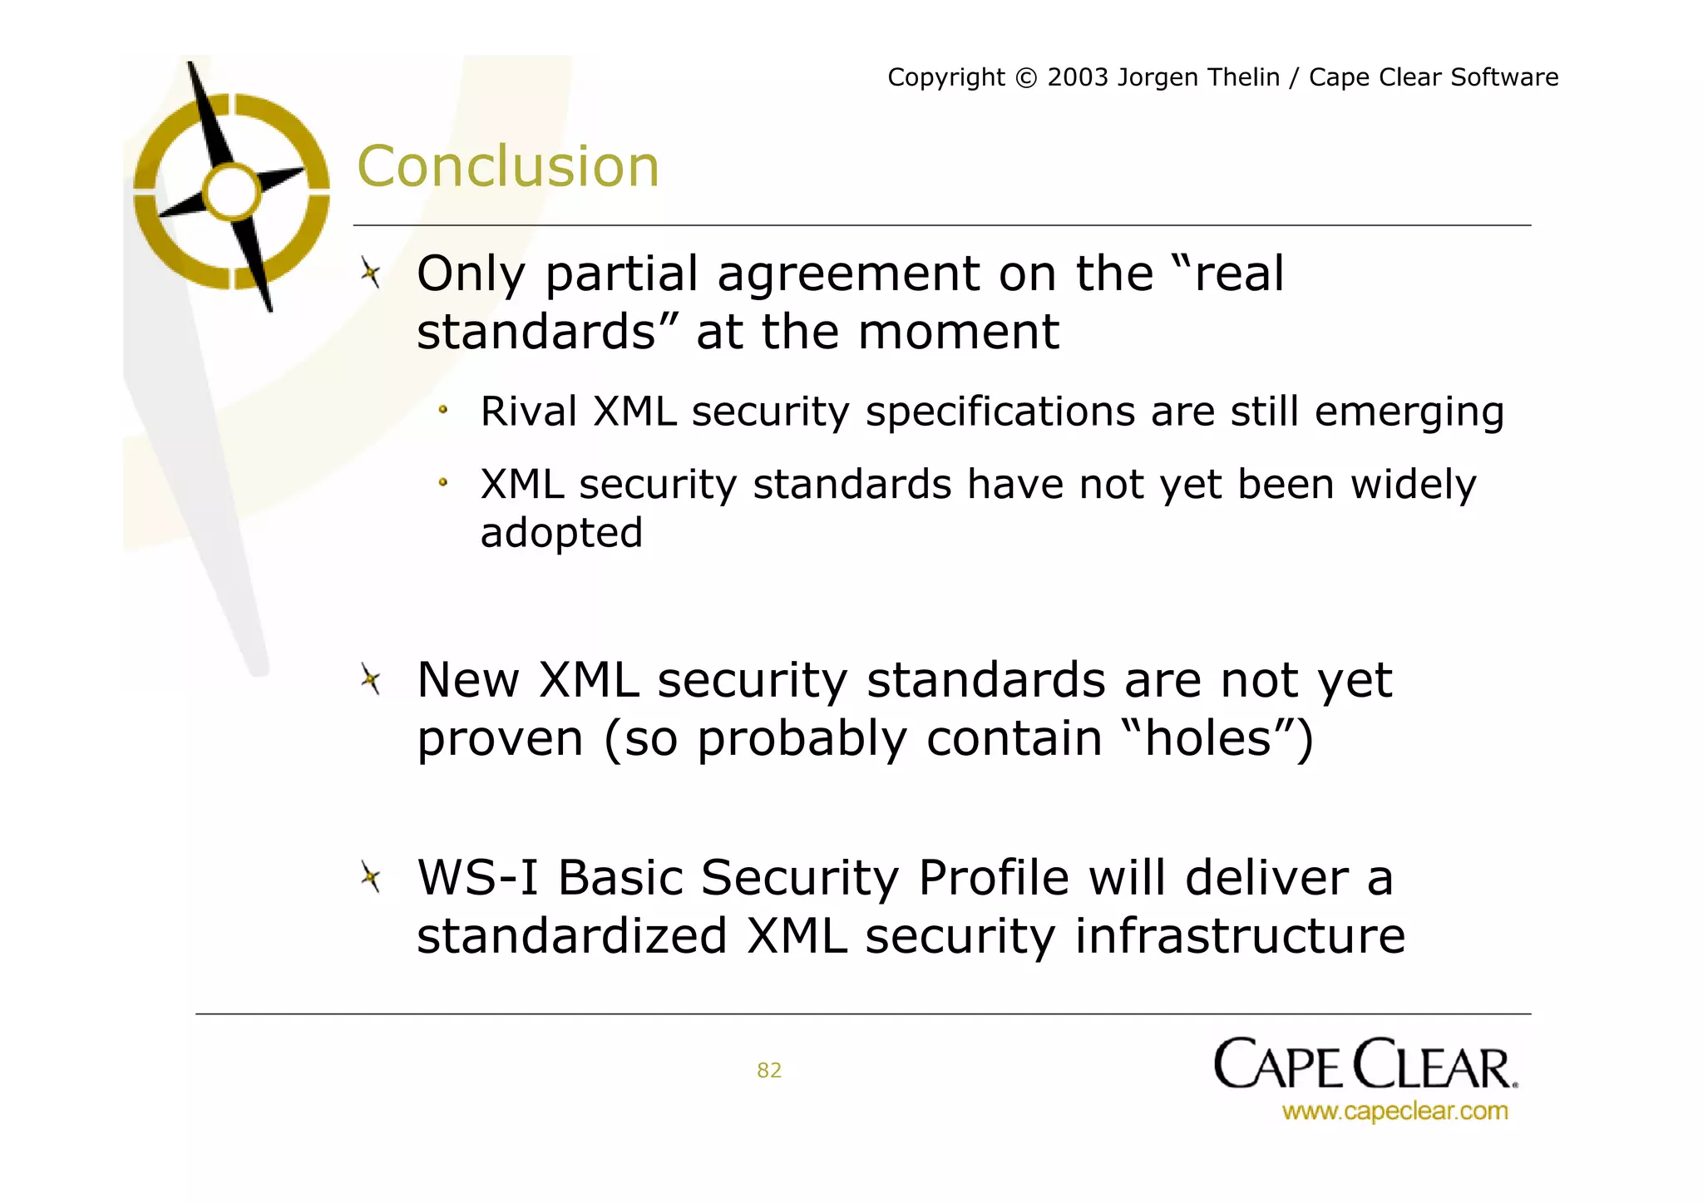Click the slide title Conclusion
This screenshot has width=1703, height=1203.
(507, 166)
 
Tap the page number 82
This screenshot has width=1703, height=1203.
(769, 1070)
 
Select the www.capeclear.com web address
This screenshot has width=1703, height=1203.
(1394, 1111)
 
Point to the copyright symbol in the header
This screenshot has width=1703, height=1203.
(1027, 78)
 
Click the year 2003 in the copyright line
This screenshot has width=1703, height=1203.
(1078, 77)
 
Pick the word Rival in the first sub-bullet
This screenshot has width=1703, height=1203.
(529, 412)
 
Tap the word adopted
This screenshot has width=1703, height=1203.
(561, 533)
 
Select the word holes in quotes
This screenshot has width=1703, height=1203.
(1208, 738)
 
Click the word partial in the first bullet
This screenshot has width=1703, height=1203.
(622, 274)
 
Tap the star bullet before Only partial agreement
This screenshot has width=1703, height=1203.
(371, 273)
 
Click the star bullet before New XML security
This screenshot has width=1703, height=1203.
(371, 680)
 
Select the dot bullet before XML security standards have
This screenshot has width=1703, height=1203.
(444, 482)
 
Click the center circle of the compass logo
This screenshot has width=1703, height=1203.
(232, 192)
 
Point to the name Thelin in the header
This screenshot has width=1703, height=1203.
(1239, 77)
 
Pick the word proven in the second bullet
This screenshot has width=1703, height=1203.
(500, 739)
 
